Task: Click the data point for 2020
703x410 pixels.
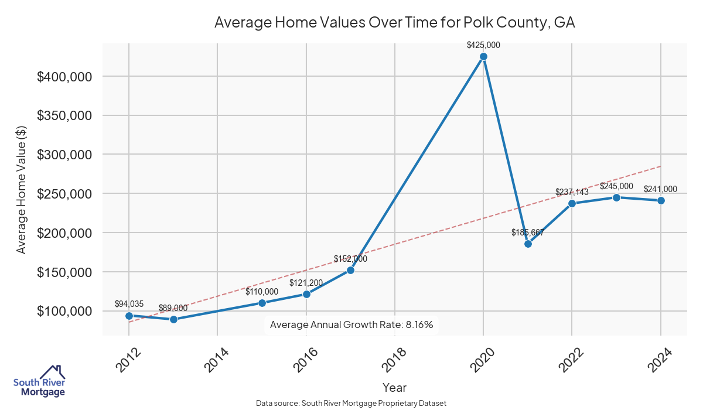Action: tap(483, 57)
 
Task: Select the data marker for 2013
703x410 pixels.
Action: tap(173, 319)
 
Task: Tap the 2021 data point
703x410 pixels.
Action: tap(528, 244)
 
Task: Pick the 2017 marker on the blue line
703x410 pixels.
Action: tap(350, 270)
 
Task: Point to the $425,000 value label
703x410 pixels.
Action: tap(483, 45)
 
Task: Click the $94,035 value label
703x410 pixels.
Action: tap(129, 303)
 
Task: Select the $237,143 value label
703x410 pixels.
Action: tap(572, 192)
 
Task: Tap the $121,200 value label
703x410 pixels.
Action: tap(306, 282)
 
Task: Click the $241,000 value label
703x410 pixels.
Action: tap(660, 189)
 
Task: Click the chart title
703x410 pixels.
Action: tap(394, 23)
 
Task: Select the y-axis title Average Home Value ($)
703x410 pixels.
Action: tap(22, 193)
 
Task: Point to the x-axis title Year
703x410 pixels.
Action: tap(394, 388)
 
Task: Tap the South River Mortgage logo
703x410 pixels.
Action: tap(39, 381)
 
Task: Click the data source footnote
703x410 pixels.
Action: tap(351, 404)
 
